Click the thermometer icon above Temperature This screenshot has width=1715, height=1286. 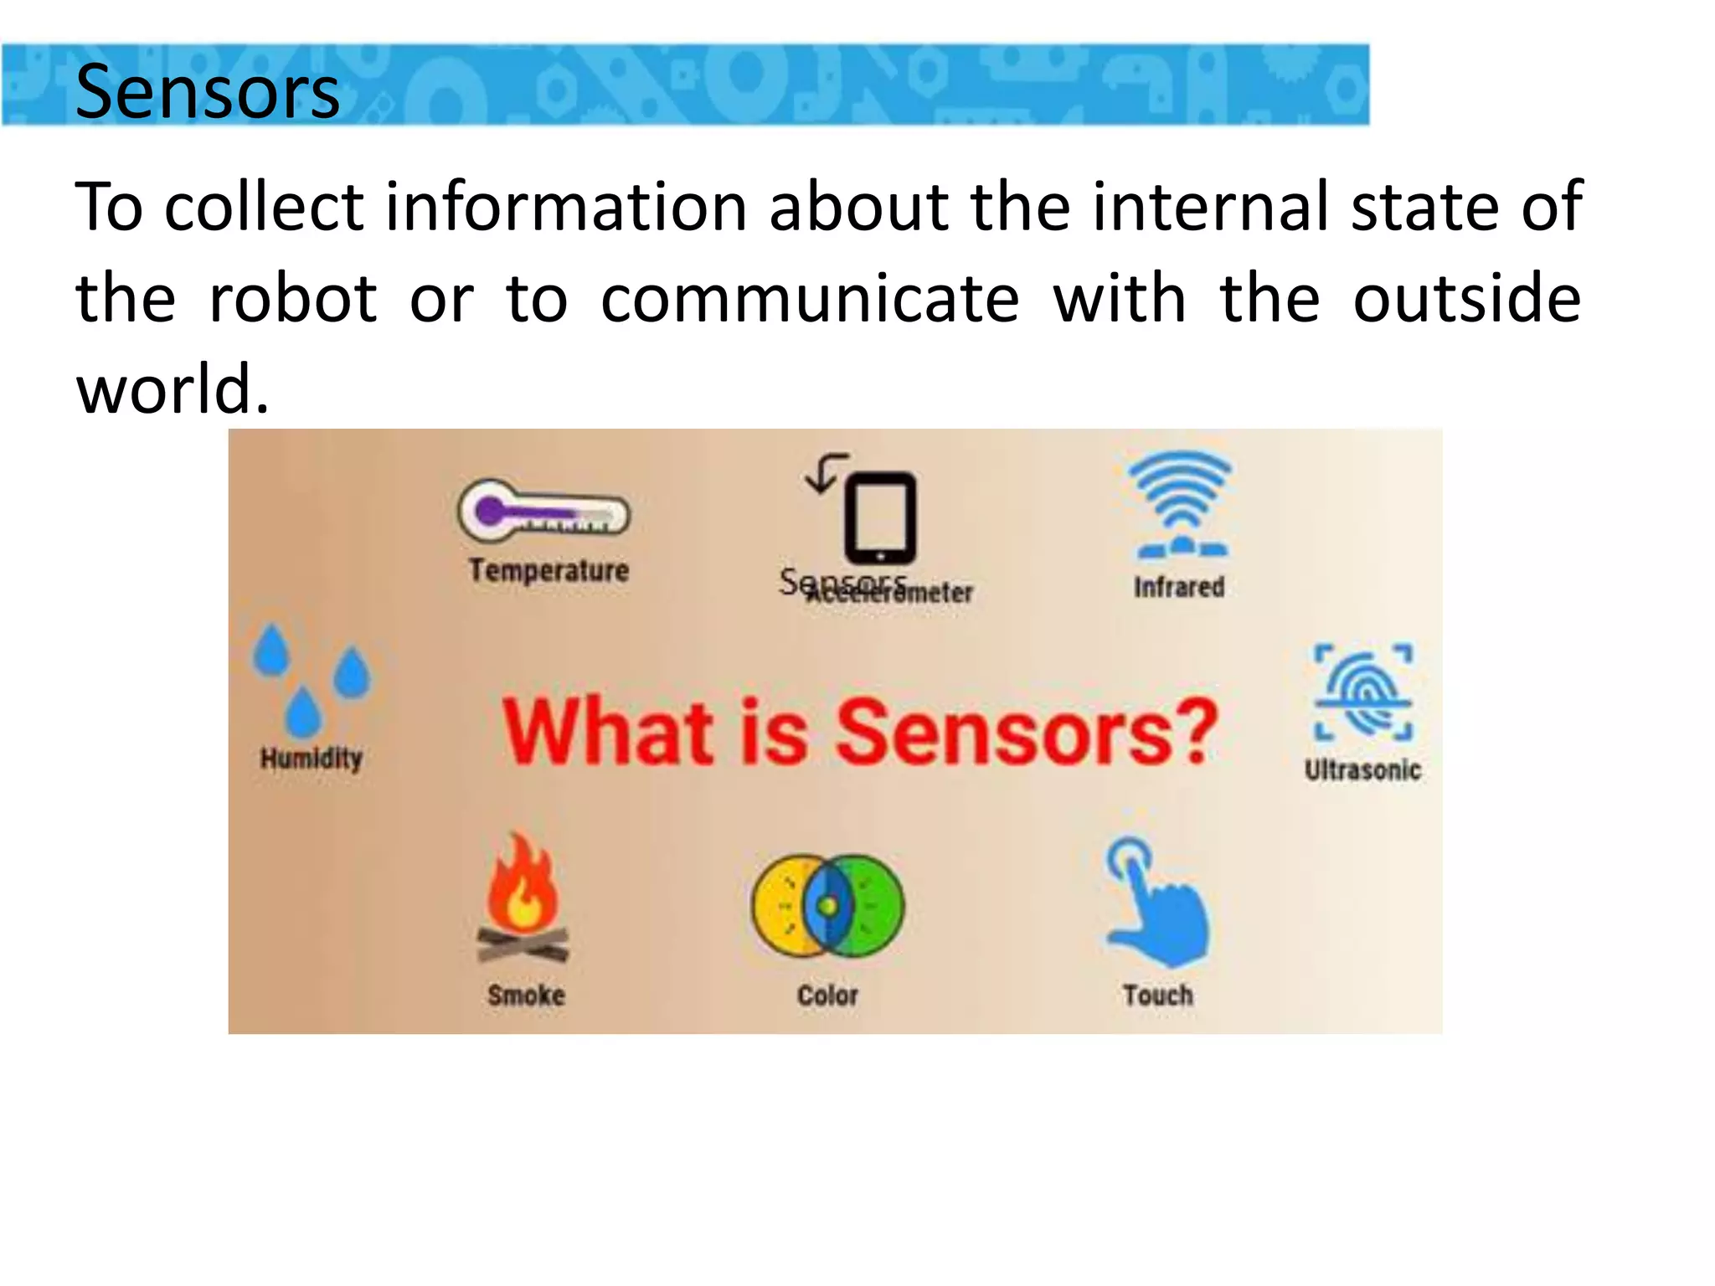click(x=543, y=511)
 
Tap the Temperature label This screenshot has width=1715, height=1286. click(x=548, y=570)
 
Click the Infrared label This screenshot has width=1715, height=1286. click(x=1179, y=587)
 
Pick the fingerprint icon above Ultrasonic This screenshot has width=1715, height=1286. click(x=1363, y=692)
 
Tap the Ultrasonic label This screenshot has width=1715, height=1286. click(x=1362, y=769)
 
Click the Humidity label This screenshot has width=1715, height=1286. click(x=312, y=759)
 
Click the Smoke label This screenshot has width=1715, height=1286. click(x=526, y=995)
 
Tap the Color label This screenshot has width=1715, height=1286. click(x=827, y=995)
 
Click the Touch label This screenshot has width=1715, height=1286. click(x=1158, y=995)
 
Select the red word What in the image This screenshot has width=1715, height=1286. click(x=608, y=733)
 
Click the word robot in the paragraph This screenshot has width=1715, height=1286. click(x=293, y=298)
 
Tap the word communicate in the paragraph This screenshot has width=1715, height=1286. click(x=810, y=298)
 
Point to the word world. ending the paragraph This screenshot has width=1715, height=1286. click(x=173, y=389)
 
